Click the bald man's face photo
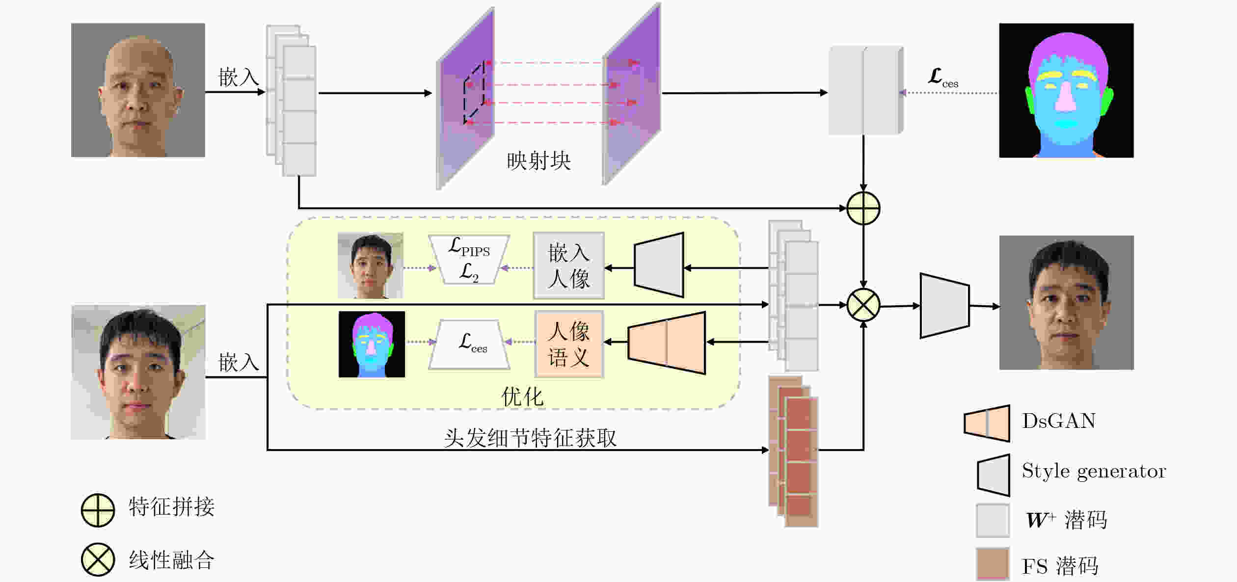[138, 90]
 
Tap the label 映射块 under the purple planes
[538, 161]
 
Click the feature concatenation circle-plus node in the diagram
[863, 208]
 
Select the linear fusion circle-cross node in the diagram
[863, 305]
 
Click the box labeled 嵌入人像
[568, 265]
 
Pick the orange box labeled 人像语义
[569, 344]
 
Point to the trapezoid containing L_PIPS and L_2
[469, 259]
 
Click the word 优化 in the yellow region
[522, 397]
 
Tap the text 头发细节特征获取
[530, 438]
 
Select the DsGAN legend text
[1058, 421]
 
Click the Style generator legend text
[1094, 471]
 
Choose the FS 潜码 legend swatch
[993, 564]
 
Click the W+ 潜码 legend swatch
[993, 520]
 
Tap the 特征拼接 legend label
[171, 507]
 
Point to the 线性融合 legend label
[171, 560]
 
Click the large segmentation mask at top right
[1066, 90]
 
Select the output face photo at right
[1066, 302]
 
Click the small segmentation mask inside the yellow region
[372, 344]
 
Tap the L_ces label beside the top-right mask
[942, 78]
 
